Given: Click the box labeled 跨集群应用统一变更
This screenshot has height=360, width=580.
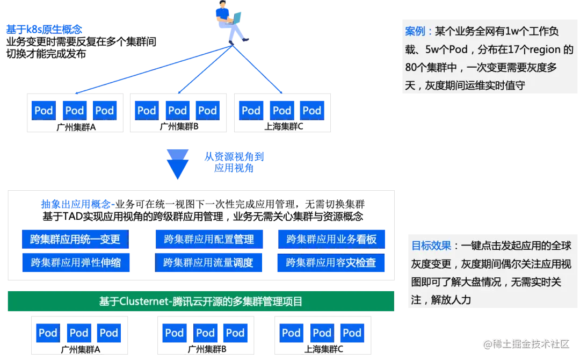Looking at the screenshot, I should [75, 239].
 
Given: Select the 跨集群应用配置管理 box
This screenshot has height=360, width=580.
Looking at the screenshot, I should [209, 239].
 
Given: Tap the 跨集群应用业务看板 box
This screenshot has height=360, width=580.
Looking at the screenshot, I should [331, 239].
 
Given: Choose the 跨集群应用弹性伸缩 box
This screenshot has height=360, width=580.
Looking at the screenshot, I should [75, 263].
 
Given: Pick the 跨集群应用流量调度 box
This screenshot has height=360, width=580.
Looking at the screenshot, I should [209, 263].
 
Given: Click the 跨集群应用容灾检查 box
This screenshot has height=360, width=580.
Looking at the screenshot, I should [331, 263].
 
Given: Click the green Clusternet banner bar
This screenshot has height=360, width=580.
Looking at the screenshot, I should [200, 301].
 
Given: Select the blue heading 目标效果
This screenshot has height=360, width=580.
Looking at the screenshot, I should [431, 246].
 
